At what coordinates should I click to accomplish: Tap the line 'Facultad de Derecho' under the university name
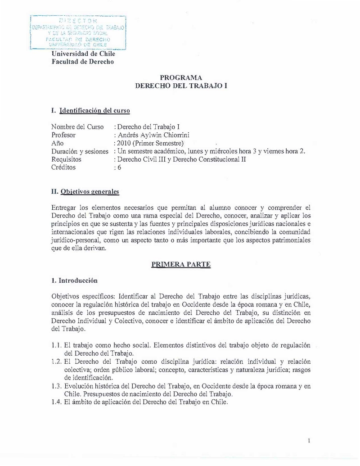point(82,62)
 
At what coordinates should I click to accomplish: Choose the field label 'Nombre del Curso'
point(77,127)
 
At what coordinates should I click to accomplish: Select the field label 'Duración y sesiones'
point(80,151)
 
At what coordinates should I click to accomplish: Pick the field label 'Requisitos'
point(66,159)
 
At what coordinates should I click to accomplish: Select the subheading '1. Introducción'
point(75,281)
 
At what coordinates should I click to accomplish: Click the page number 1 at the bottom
point(309,441)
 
